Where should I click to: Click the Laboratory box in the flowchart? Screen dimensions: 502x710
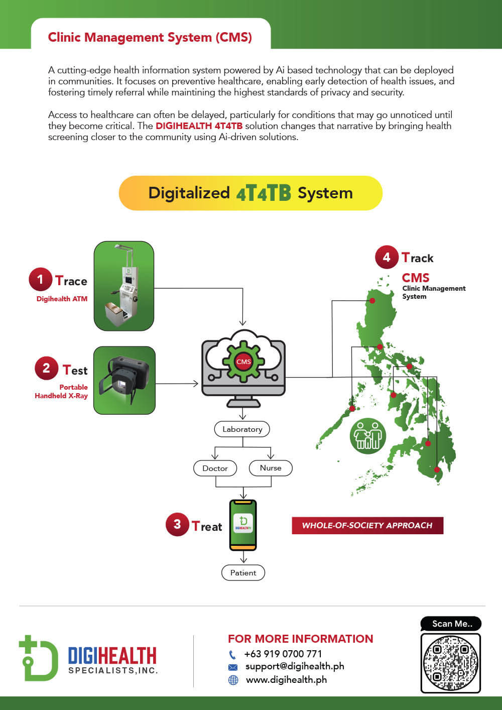click(x=242, y=429)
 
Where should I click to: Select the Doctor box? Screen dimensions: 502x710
click(x=215, y=468)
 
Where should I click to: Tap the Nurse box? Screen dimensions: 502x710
click(x=271, y=468)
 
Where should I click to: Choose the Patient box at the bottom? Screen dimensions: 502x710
click(x=243, y=573)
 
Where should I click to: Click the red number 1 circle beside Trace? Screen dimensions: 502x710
click(x=40, y=279)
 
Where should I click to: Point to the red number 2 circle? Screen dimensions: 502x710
click(x=46, y=368)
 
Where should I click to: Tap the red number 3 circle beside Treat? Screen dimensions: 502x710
click(x=177, y=524)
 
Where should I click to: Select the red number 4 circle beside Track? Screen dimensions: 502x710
click(x=387, y=257)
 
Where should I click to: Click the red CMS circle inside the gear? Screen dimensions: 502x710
click(x=243, y=362)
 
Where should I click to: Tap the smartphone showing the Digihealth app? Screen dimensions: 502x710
click(x=243, y=525)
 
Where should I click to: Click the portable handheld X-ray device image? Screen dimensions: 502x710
click(x=124, y=381)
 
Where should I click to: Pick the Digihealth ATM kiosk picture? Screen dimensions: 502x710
click(x=124, y=286)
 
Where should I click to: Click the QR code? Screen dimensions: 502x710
click(x=450, y=663)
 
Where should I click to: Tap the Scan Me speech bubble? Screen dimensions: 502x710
click(x=451, y=624)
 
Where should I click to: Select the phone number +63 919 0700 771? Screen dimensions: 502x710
click(x=283, y=654)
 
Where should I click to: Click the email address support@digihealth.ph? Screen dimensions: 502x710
click(x=295, y=667)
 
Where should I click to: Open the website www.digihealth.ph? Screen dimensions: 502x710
click(x=287, y=680)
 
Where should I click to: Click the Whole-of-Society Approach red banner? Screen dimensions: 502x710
click(x=367, y=526)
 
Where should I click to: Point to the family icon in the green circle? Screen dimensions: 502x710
click(x=368, y=436)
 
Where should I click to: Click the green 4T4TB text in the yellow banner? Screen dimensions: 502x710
click(x=264, y=193)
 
